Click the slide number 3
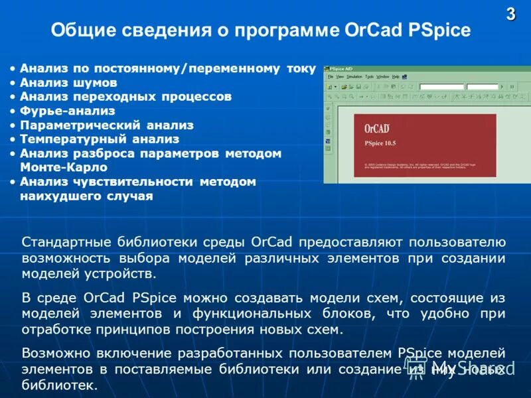(x=510, y=15)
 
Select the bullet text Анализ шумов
(x=68, y=82)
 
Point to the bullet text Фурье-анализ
(x=67, y=111)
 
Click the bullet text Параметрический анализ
(x=106, y=125)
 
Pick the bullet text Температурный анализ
(x=100, y=139)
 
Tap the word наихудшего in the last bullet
(x=62, y=196)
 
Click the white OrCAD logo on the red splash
(x=377, y=128)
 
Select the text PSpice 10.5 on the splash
(x=380, y=143)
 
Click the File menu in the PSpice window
(x=330, y=76)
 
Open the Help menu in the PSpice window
(x=396, y=76)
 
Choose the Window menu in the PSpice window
(x=383, y=76)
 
